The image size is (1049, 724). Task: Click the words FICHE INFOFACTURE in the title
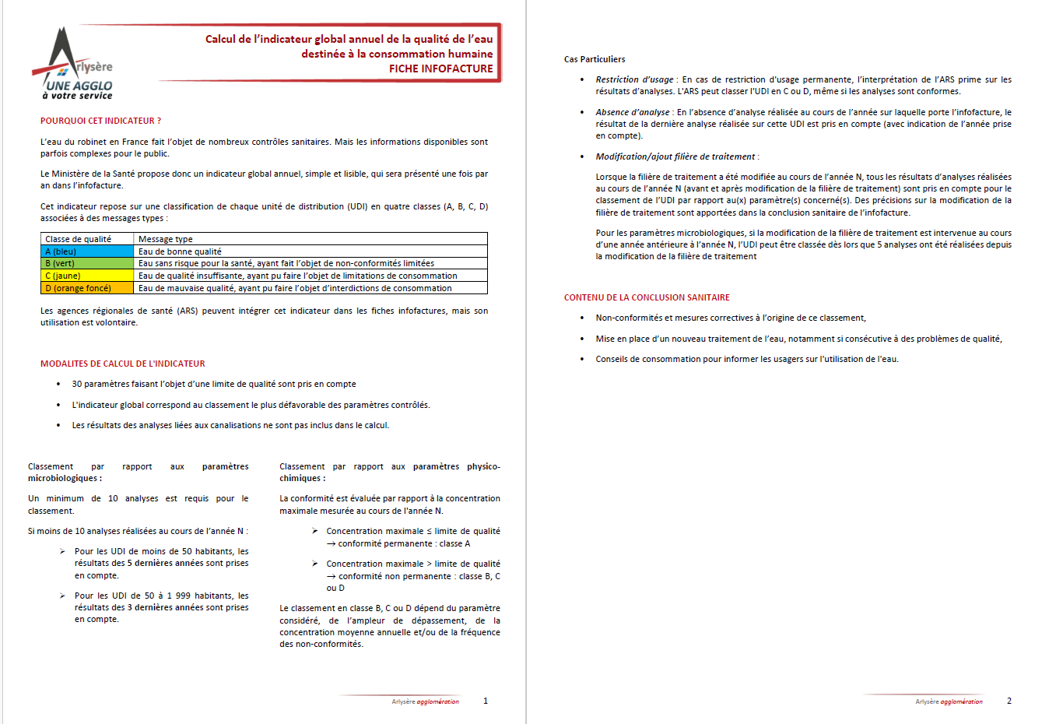tap(440, 69)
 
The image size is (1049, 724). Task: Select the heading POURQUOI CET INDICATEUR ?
tap(101, 121)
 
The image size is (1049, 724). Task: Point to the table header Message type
tap(166, 239)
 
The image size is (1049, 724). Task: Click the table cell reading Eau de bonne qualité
tap(180, 251)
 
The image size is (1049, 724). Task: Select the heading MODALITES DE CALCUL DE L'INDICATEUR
tap(123, 364)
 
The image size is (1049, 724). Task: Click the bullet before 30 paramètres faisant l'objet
tap(58, 384)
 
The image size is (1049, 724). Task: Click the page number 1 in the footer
tap(486, 701)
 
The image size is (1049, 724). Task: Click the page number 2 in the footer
tap(1009, 701)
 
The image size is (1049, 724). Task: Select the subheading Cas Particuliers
tap(595, 59)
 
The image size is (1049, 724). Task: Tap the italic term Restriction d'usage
tap(634, 79)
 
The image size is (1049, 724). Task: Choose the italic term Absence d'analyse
tap(632, 112)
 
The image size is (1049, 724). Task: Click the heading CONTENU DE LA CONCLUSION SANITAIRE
tap(647, 297)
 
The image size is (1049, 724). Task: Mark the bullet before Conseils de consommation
tap(582, 359)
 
